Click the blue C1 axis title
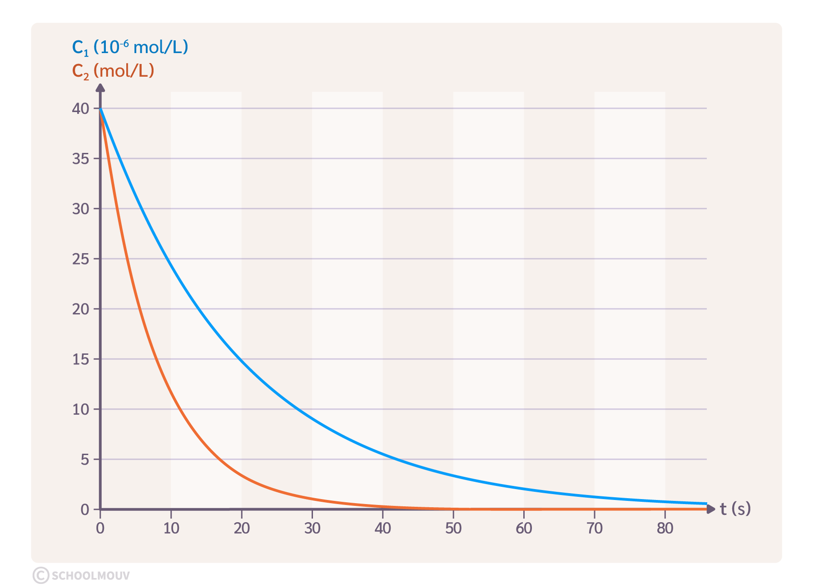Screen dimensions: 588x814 coord(130,47)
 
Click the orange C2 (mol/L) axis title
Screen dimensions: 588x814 coord(113,71)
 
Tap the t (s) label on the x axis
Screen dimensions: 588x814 coord(735,509)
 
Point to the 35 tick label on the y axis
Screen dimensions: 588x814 coord(80,159)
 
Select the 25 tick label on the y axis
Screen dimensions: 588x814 coord(80,259)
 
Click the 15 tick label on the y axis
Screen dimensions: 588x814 coord(80,359)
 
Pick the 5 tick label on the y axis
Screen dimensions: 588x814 coord(85,460)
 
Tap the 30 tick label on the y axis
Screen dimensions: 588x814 coord(80,209)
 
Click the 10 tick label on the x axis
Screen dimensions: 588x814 coord(171,528)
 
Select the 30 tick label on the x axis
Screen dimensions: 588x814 coord(312,528)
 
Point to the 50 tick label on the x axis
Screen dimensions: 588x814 coord(453,528)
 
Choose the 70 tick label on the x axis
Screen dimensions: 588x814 coord(595,528)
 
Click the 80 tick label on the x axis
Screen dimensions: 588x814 coord(665,528)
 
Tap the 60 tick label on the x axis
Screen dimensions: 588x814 coord(524,528)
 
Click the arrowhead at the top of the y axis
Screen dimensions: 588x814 coord(100,88)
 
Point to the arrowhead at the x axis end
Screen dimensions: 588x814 coord(711,509)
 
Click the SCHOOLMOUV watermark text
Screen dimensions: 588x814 coord(91,576)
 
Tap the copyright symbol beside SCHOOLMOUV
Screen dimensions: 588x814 coord(41,575)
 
